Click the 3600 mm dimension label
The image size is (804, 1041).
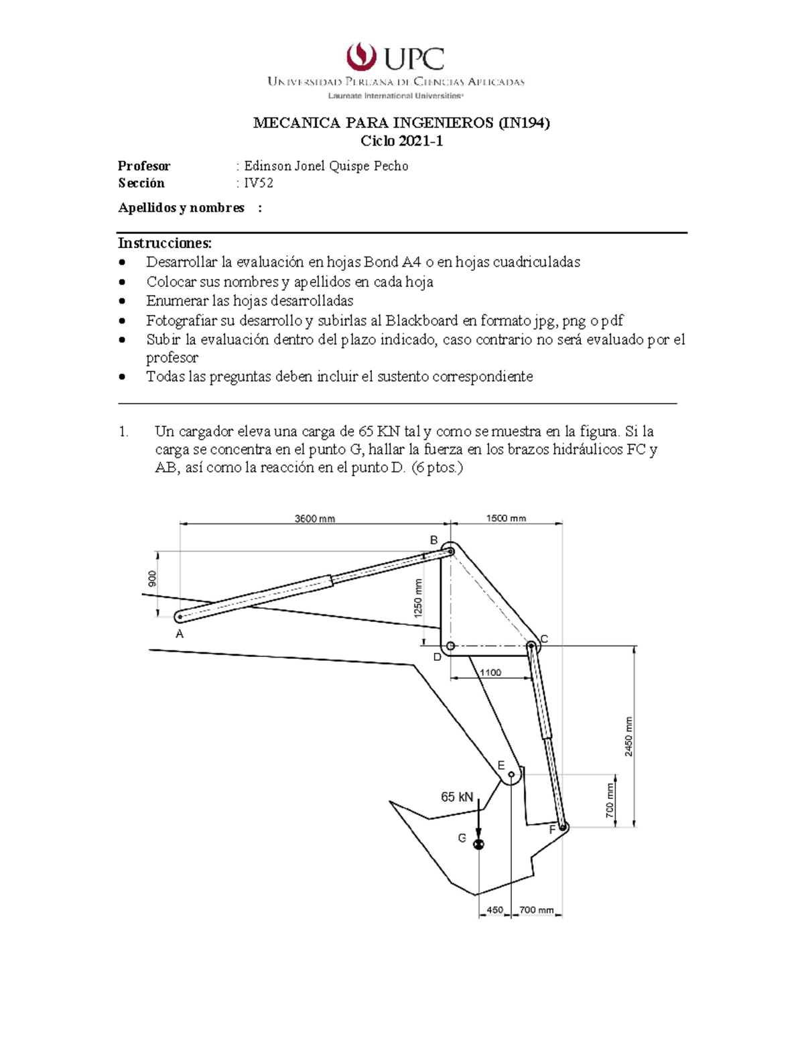[x=315, y=518]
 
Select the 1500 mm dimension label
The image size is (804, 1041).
[x=506, y=518]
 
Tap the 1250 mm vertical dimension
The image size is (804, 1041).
[x=418, y=598]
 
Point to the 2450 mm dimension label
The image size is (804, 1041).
[x=628, y=736]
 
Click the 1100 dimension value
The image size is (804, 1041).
[x=490, y=672]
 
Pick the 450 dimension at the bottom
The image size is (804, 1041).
[x=494, y=910]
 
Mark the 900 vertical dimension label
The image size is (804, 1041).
[x=153, y=579]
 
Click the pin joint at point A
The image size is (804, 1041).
[x=180, y=616]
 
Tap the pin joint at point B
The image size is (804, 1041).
[x=451, y=551]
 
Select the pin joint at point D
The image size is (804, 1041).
[x=451, y=646]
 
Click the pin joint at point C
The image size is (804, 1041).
[x=531, y=646]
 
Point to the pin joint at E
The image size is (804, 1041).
[x=511, y=775]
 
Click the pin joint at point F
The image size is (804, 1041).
[x=563, y=827]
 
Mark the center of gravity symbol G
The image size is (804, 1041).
[x=478, y=844]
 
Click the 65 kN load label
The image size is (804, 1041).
[x=457, y=797]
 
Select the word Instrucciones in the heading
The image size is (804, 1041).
[x=164, y=243]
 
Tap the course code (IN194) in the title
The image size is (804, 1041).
[x=523, y=123]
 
